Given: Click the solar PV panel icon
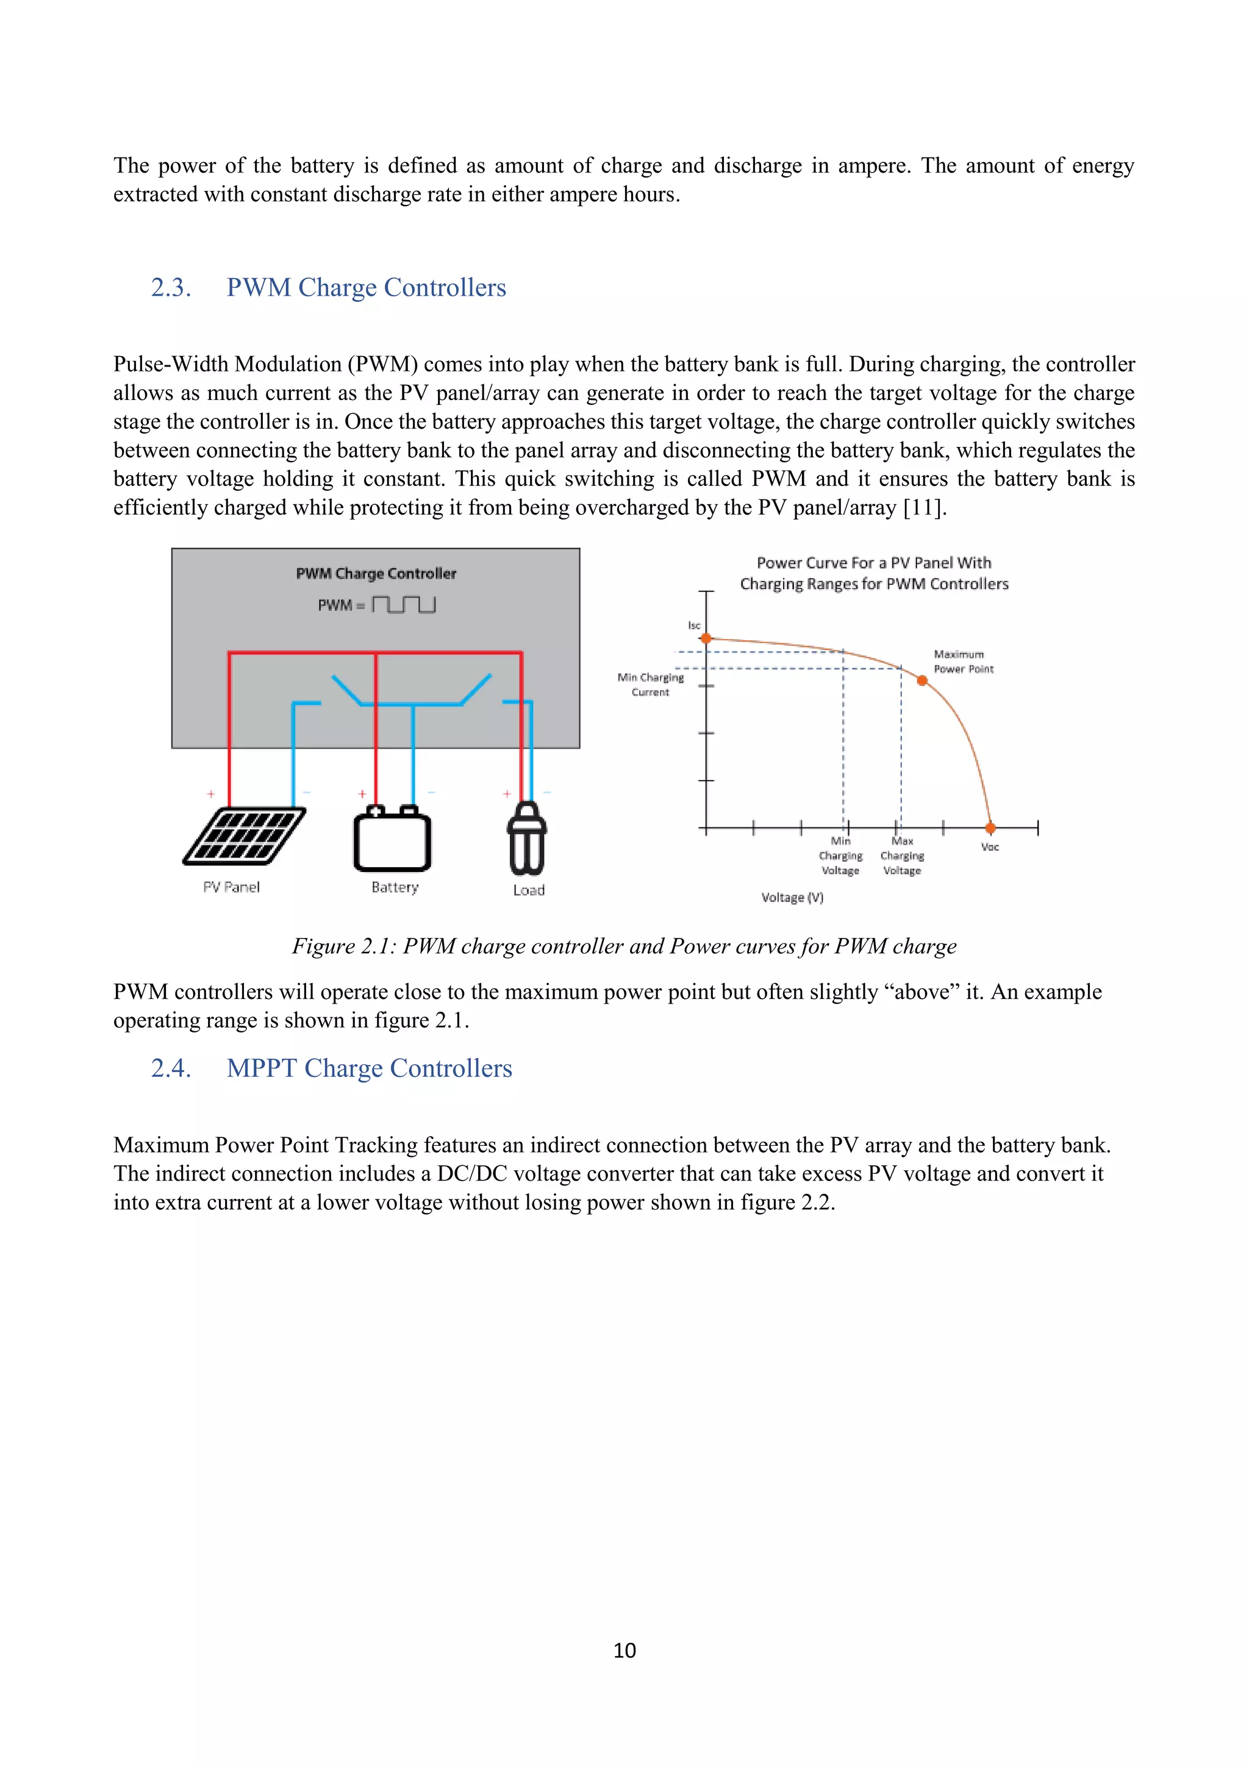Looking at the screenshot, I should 244,836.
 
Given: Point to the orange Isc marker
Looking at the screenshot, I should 706,638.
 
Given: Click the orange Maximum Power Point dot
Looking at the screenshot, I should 922,680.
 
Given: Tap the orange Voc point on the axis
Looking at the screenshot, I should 990,828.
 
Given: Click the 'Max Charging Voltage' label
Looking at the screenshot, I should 902,856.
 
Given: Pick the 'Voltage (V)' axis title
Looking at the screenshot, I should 792,898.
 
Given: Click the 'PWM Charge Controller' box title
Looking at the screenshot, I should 376,574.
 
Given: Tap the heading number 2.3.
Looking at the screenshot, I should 171,288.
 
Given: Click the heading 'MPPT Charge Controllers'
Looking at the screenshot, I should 369,1068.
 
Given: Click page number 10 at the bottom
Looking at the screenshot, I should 624,1651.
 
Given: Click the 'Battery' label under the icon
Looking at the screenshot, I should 395,888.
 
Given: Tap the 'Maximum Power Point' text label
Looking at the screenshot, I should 964,662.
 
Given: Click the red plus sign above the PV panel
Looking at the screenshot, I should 211,794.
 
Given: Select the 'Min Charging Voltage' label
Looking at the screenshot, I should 840,856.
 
